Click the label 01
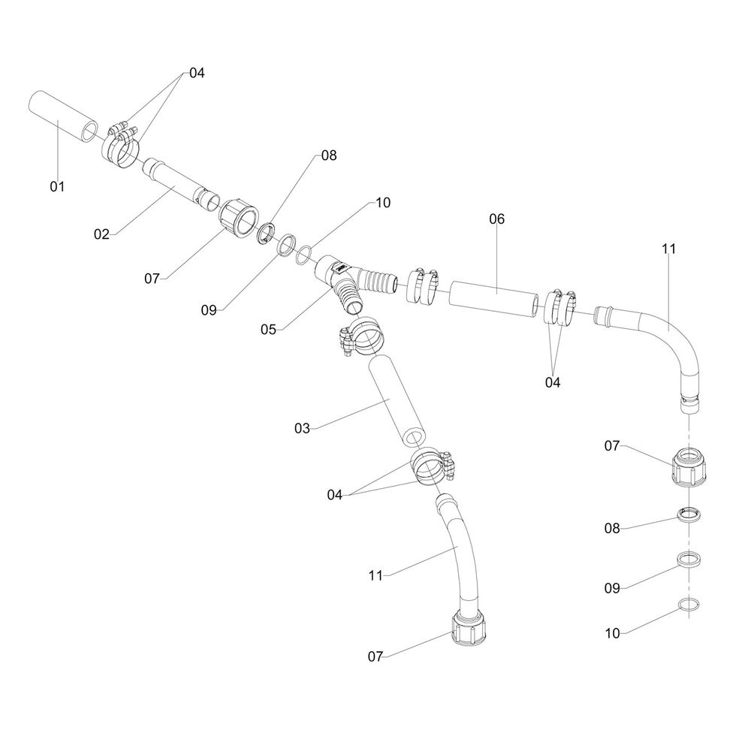[x=58, y=185]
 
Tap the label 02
[x=102, y=234]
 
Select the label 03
[x=302, y=428]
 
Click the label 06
[x=496, y=219]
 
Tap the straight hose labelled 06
[x=494, y=299]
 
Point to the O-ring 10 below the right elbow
[x=688, y=606]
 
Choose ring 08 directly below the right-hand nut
[x=688, y=516]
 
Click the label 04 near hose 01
[x=197, y=73]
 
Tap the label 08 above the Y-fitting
[x=329, y=155]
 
